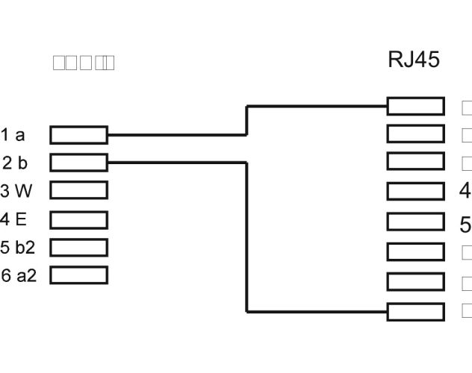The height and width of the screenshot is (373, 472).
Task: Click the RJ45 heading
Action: (414, 60)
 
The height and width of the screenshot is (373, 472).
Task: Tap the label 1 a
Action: (13, 135)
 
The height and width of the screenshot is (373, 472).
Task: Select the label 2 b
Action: (14, 163)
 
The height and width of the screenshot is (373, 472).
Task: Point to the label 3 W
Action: (16, 191)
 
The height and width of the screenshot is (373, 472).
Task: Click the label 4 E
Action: (13, 220)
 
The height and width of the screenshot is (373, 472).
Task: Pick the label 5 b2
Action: (16, 248)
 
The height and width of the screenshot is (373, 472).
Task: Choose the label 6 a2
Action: (18, 275)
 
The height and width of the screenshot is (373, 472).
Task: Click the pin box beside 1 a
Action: (79, 135)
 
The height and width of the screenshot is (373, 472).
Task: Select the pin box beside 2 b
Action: (79, 163)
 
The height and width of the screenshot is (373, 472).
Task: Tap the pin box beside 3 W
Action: (79, 190)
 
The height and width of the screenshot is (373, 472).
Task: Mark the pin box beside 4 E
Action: (79, 220)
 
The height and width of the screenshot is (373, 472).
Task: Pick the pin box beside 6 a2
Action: (79, 275)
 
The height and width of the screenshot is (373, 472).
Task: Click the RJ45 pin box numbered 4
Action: (415, 190)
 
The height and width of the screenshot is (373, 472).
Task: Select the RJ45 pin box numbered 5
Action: (415, 222)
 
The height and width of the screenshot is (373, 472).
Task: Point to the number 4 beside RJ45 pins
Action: (465, 190)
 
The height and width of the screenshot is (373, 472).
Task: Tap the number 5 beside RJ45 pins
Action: (465, 224)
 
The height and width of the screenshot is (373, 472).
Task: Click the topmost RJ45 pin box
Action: (415, 106)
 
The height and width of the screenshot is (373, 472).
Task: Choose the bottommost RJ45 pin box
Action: (415, 311)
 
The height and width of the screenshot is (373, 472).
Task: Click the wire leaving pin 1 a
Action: (179, 135)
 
